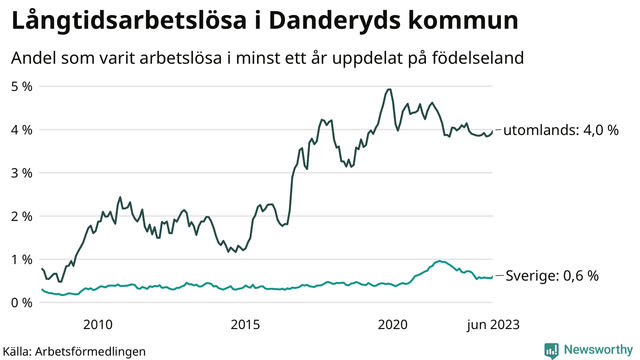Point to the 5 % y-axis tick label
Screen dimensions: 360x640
(x=22, y=86)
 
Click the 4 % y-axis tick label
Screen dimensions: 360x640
(x=22, y=130)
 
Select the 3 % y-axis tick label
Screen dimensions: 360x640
(x=22, y=173)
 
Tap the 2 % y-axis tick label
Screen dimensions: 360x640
(x=22, y=216)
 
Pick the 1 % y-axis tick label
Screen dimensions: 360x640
(x=22, y=259)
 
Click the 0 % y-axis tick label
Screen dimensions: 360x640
(x=22, y=302)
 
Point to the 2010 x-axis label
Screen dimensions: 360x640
(x=98, y=325)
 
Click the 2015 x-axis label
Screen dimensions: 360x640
(x=245, y=325)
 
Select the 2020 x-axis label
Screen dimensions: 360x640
(x=392, y=325)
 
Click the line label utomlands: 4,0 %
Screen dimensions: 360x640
(x=560, y=131)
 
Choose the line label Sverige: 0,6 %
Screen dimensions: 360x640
(x=552, y=276)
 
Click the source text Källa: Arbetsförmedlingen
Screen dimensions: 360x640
(x=74, y=351)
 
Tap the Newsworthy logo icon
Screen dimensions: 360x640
(x=551, y=350)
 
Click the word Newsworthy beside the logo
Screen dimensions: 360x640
(x=598, y=349)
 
